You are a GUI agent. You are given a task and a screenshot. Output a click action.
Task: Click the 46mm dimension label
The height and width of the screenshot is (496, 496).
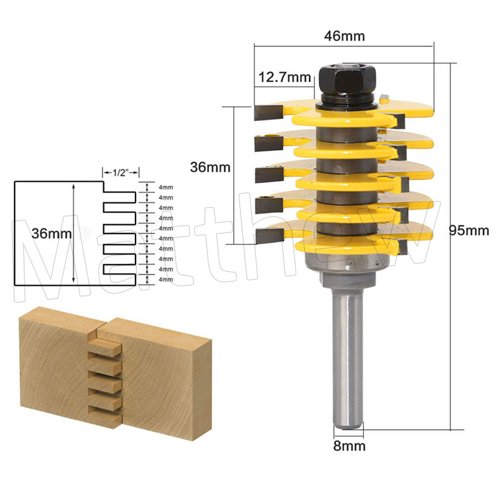point(344,36)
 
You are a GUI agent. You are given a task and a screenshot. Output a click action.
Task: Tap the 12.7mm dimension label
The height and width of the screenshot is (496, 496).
point(284,77)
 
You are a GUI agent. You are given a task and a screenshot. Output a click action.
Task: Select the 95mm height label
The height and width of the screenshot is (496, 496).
point(469,231)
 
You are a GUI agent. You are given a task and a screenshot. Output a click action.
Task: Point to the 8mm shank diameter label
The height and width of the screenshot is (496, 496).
point(349,446)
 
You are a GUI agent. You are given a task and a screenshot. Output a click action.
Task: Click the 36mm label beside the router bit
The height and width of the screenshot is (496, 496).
point(210,167)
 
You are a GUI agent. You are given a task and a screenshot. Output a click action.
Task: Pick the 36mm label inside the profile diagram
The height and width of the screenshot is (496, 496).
point(52,233)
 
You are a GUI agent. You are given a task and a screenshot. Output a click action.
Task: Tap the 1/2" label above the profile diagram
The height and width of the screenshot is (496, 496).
point(120,173)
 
